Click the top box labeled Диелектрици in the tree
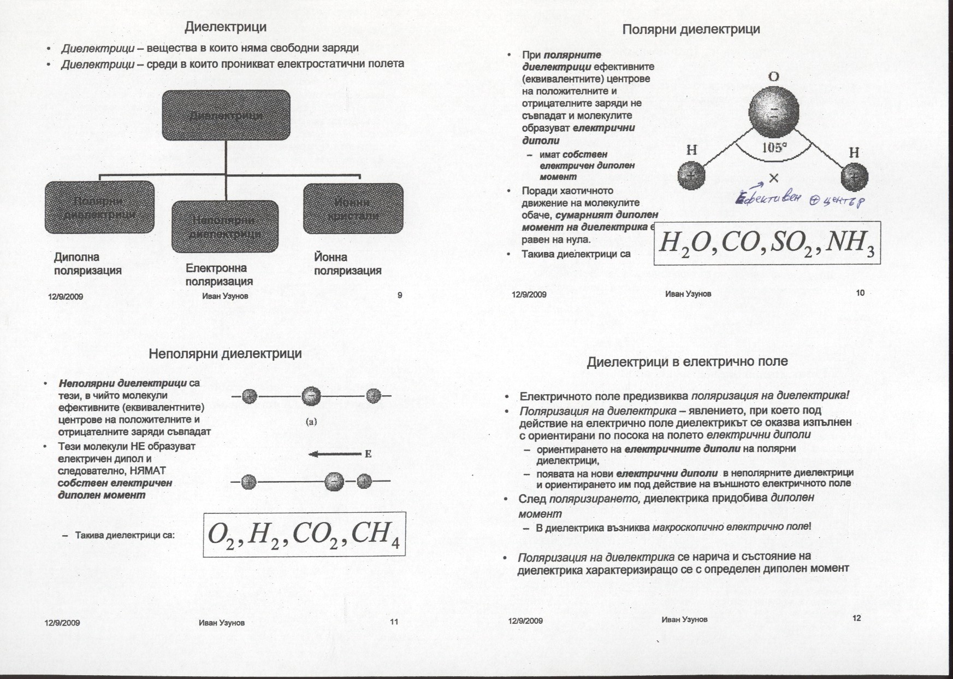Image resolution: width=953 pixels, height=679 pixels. click(226, 115)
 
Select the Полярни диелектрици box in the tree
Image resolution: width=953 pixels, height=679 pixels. click(99, 207)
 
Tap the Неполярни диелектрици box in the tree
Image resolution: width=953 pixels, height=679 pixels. click(224, 226)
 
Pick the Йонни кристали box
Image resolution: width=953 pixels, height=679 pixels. click(353, 208)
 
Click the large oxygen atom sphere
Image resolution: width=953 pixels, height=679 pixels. click(774, 115)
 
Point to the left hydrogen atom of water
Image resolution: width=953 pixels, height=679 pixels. click(691, 176)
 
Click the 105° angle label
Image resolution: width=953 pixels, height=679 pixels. click(774, 147)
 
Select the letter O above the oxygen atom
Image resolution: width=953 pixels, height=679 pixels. click(773, 77)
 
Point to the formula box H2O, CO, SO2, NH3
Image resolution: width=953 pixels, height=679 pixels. click(767, 242)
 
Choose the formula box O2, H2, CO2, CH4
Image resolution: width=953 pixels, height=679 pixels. click(304, 534)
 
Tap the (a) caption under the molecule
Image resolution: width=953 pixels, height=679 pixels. click(312, 422)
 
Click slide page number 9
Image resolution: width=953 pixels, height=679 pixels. click(400, 295)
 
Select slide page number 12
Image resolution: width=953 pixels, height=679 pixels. click(856, 618)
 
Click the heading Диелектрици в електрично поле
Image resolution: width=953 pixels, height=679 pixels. click(687, 361)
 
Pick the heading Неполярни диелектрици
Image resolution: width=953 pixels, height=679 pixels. click(225, 354)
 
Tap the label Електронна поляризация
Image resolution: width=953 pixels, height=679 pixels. click(218, 274)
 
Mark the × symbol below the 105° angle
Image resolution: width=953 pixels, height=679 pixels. click(773, 178)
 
